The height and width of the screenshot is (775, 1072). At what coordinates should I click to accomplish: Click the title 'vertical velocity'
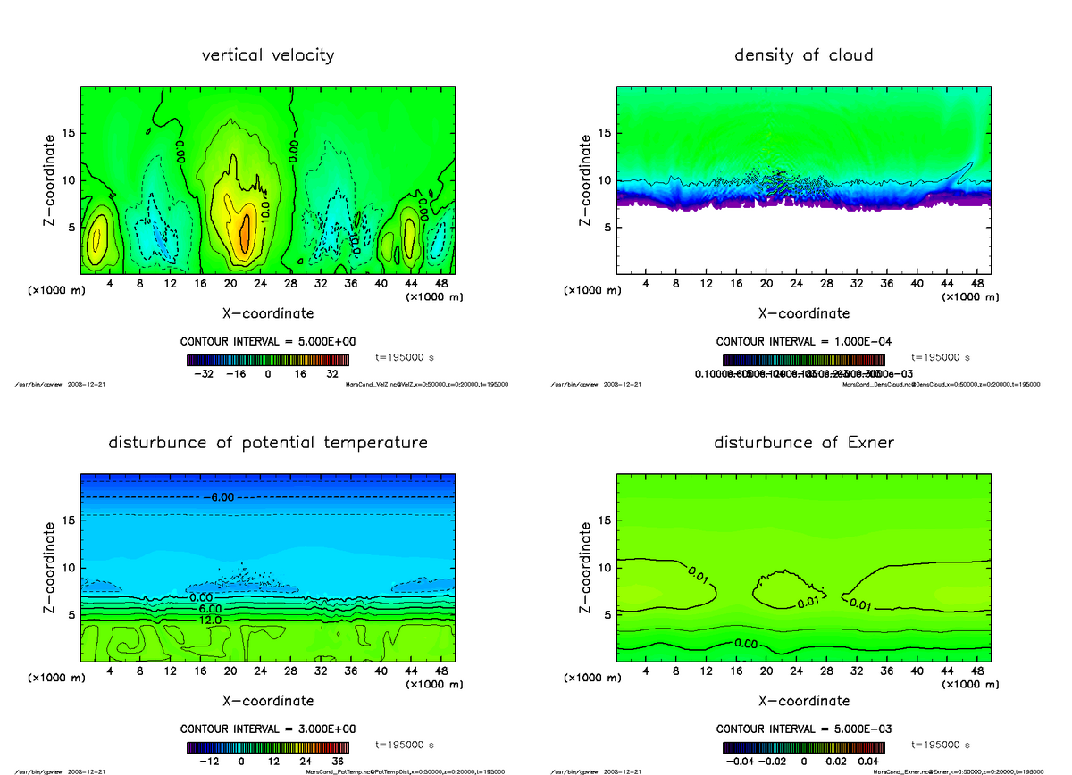point(268,55)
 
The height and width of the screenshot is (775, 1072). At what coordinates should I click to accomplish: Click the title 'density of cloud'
point(803,55)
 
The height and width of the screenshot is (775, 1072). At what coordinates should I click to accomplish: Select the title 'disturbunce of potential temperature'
point(268,443)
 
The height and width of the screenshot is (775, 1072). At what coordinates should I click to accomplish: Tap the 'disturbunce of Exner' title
point(803,443)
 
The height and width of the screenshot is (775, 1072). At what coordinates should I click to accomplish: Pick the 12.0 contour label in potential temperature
point(211,620)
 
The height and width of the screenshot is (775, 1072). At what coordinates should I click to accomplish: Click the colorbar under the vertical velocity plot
point(268,360)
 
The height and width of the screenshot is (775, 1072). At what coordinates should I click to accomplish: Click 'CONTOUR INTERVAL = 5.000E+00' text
point(268,342)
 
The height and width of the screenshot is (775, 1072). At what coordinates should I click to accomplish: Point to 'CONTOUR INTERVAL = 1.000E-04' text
point(803,342)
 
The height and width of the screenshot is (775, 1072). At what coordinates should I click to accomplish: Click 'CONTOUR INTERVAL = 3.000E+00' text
point(268,729)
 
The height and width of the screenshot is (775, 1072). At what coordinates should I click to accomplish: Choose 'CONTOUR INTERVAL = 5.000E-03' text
point(803,729)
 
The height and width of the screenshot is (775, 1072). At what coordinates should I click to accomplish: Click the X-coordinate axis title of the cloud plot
point(803,313)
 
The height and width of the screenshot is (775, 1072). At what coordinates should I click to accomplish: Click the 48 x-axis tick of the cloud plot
point(977,284)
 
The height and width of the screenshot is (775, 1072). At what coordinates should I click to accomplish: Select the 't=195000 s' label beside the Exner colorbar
point(940,745)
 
